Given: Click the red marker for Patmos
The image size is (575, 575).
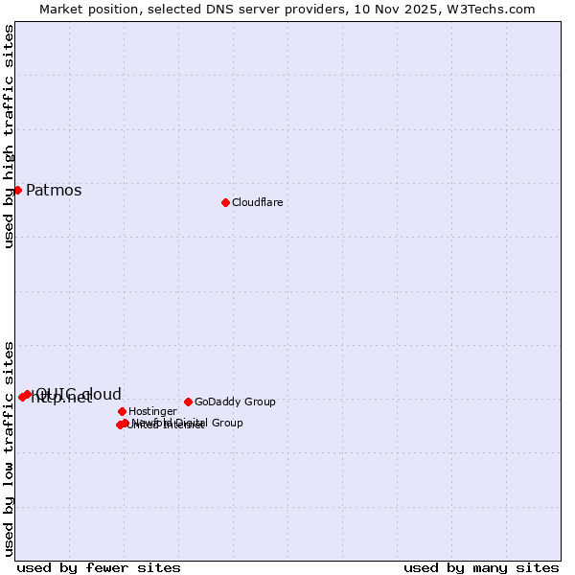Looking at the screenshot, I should click(x=17, y=190).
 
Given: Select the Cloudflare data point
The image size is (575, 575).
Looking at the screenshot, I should click(x=225, y=202).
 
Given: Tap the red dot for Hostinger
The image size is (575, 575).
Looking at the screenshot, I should click(x=122, y=411).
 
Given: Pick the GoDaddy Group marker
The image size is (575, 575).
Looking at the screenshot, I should click(x=188, y=402).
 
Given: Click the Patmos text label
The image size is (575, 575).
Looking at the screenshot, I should click(x=54, y=190).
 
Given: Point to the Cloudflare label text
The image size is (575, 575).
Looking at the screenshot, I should click(x=257, y=202).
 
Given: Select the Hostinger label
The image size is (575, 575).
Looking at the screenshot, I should click(x=152, y=411).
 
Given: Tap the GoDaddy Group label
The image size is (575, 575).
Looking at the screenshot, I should click(x=235, y=402).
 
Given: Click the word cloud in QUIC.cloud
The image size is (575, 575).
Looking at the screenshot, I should click(x=102, y=394).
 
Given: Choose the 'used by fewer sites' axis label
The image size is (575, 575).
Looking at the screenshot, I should click(x=99, y=567).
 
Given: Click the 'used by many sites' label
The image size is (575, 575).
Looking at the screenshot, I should click(x=481, y=567).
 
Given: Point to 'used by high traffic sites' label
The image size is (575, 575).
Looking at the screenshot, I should click(x=9, y=136).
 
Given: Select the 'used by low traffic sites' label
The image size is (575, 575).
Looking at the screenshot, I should click(x=9, y=448).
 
